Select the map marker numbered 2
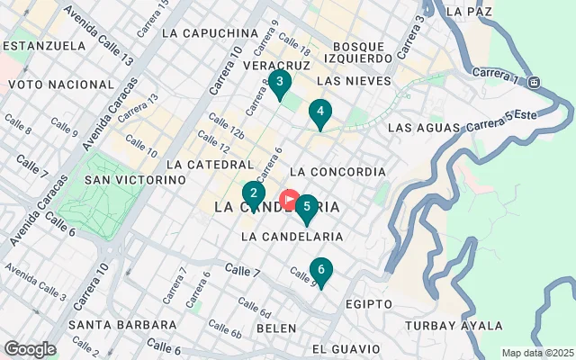254,193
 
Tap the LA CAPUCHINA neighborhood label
211,33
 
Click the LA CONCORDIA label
338,171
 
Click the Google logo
30,349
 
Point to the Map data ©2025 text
536,353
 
